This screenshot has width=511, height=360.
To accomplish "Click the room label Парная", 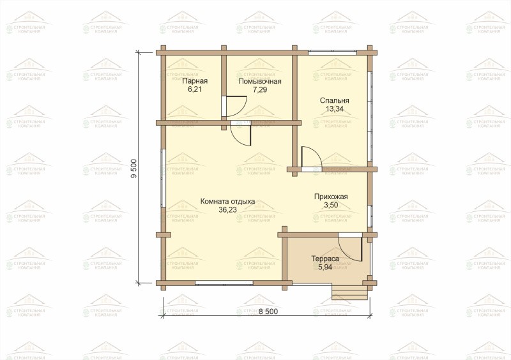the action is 195,81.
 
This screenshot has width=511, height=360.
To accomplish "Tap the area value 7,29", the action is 260,89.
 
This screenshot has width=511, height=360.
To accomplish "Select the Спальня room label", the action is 334,101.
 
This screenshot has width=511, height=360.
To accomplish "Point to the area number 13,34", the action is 334,109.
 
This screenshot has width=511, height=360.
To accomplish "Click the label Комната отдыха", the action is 227,202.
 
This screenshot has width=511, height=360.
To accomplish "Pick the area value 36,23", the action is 227,210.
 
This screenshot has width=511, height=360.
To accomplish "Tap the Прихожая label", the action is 331,197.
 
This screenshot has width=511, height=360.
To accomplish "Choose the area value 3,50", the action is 331,206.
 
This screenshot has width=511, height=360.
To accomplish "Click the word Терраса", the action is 325,259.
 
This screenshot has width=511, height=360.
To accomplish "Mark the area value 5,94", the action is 325,267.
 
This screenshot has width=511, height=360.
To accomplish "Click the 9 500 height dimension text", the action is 133,168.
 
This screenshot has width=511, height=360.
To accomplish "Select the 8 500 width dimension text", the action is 268,311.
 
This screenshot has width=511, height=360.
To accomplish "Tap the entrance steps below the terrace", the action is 349,292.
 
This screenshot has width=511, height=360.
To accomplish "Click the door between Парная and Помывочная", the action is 234,106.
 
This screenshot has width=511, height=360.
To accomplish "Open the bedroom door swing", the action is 311,159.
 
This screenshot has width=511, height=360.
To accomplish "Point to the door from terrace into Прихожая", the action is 350,247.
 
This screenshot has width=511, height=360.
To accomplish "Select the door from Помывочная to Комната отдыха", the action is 241,133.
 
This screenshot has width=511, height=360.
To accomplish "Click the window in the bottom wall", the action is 224,283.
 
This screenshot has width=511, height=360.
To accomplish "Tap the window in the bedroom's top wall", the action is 332,52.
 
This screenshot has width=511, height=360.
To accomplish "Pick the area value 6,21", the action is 195,89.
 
